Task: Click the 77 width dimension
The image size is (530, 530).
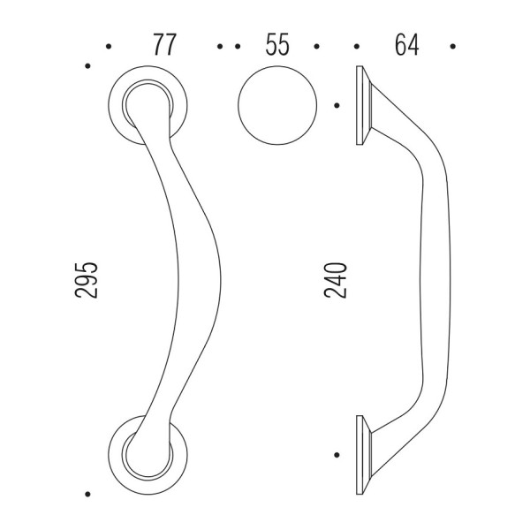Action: [162, 46]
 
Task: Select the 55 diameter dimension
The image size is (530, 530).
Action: [276, 46]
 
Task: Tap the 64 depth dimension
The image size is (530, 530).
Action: [405, 46]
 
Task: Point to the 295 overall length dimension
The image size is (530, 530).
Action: [87, 278]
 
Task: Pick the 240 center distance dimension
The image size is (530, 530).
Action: [337, 278]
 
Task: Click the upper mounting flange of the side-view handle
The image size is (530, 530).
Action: [362, 107]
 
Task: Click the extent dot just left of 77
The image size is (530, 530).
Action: [108, 47]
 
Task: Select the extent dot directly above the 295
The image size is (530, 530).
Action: [87, 65]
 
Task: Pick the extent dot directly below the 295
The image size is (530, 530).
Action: [87, 495]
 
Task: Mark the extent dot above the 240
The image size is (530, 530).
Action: [337, 105]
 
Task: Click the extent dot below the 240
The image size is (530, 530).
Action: [337, 455]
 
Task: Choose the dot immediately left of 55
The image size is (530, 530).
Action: [236, 47]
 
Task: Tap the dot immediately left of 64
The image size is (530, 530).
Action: [357, 47]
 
